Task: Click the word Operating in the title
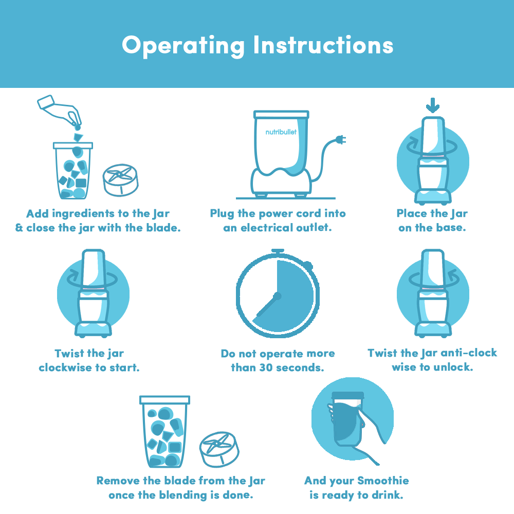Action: tap(183, 46)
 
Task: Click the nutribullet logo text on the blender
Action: tap(281, 132)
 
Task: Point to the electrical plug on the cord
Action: tap(341, 140)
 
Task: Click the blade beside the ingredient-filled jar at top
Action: tap(121, 180)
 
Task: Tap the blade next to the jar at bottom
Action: tap(219, 449)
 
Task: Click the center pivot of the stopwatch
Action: tap(278, 297)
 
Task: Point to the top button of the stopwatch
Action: tap(278, 251)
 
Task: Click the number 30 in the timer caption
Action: tap(266, 368)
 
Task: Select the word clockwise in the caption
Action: tap(65, 368)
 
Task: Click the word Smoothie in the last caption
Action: tap(383, 480)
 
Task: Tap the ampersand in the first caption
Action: tap(19, 228)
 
